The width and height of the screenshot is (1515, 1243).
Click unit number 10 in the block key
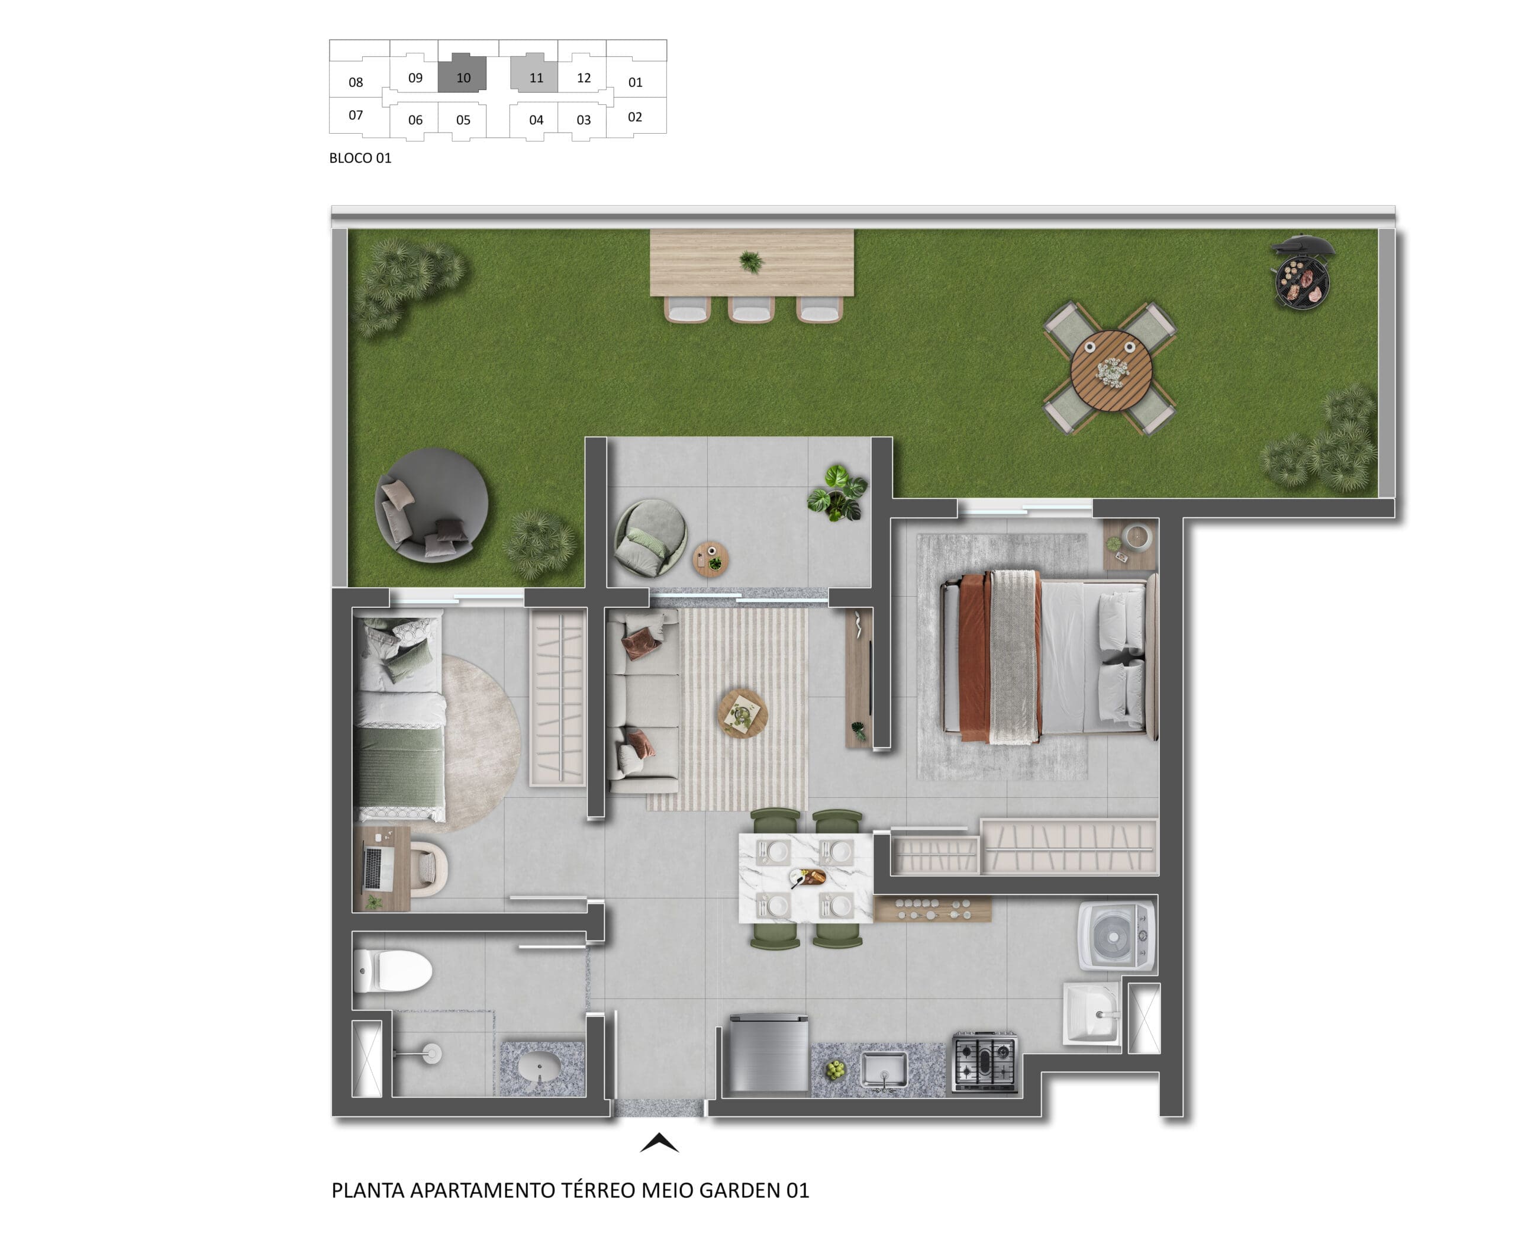pos(463,78)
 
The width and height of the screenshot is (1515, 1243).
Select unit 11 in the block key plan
pos(536,78)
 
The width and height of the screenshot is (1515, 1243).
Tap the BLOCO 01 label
pos(360,158)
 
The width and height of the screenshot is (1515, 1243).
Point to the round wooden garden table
pos(1111,370)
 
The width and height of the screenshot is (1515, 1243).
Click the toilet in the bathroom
pos(392,971)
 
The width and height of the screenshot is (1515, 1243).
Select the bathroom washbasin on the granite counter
pos(540,1069)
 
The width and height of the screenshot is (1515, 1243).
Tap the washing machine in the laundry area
pos(1116,936)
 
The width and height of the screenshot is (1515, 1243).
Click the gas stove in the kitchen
pos(985,1062)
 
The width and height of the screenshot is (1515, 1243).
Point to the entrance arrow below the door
pos(659,1143)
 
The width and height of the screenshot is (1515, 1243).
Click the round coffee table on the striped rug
pos(743,713)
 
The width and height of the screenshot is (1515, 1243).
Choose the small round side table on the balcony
pos(710,559)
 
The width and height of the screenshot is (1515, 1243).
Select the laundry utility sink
pos(1091,1013)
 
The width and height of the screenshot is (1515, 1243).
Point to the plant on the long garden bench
pos(750,262)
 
